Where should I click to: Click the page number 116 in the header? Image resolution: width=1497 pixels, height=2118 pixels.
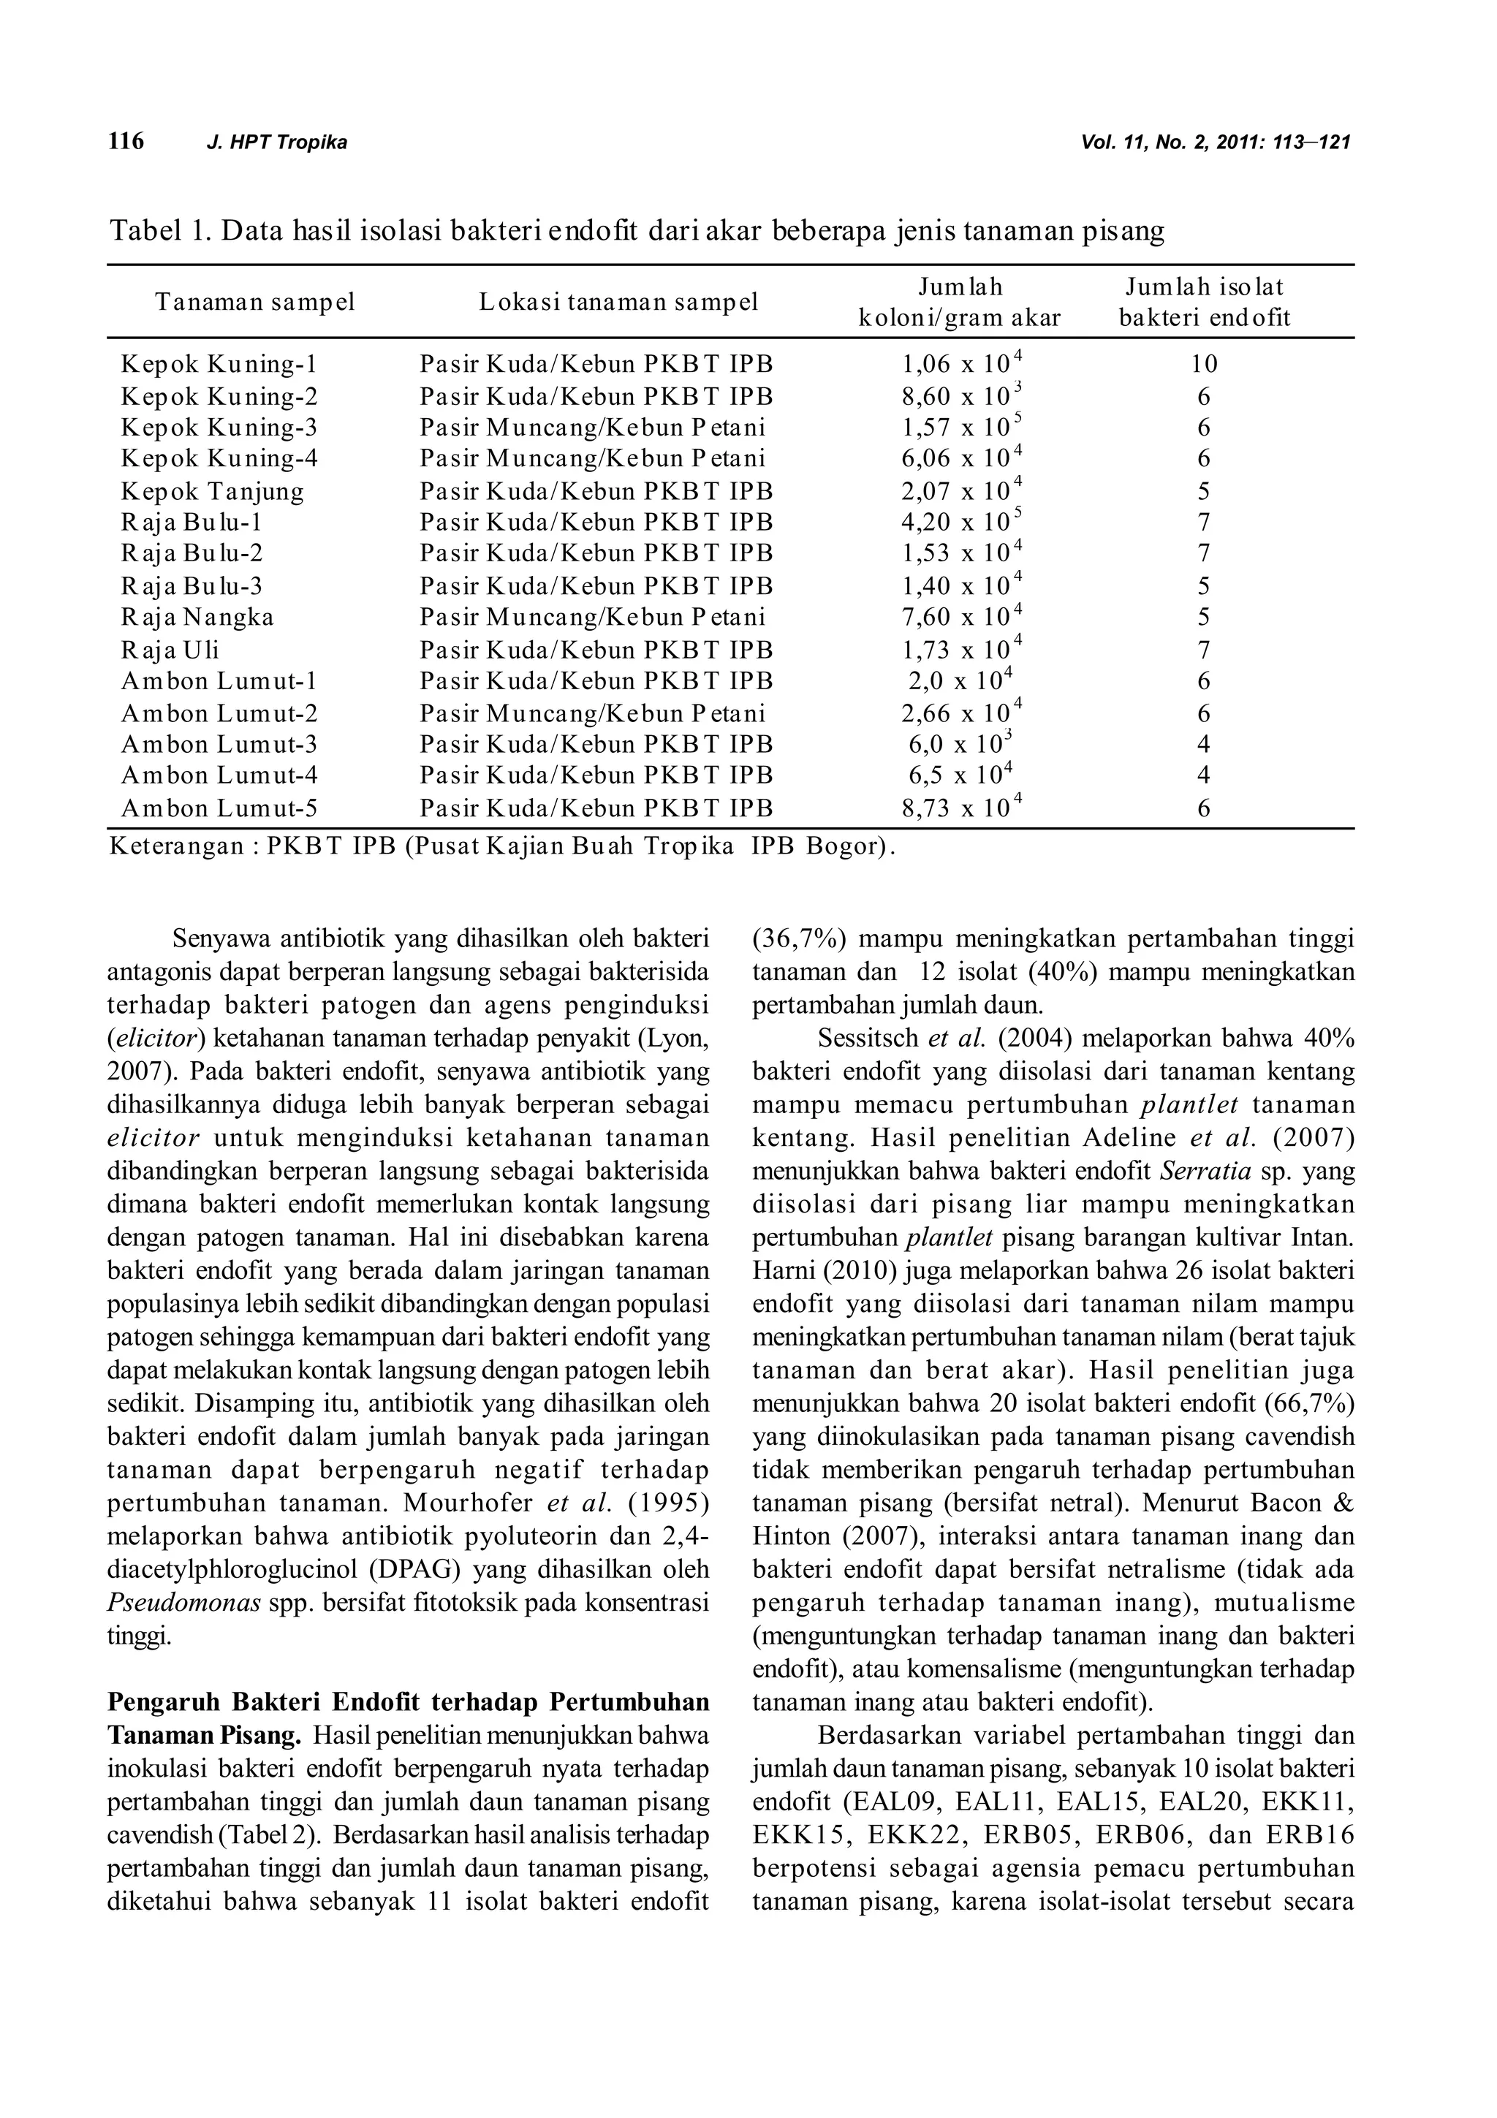pyautogui.click(x=126, y=141)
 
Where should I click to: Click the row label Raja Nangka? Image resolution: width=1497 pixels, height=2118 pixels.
pyautogui.click(x=197, y=617)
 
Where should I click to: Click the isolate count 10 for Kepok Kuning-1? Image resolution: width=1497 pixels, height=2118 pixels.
pyautogui.click(x=1204, y=365)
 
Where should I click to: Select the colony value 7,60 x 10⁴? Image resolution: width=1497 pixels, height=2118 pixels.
pyautogui.click(x=961, y=617)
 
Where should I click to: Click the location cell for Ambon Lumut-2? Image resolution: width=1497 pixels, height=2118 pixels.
pyautogui.click(x=592, y=714)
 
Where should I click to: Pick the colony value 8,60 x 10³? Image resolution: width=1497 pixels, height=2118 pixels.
pyautogui.click(x=961, y=397)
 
